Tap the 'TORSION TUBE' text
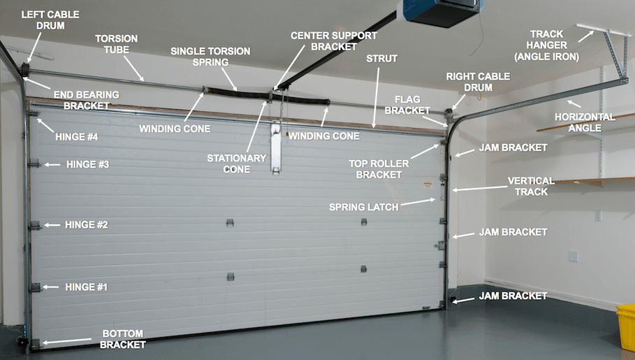point(117,44)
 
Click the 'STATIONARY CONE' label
point(236,164)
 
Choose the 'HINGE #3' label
point(87,165)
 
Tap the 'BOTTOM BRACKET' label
point(123,339)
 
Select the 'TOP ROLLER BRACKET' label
point(378,168)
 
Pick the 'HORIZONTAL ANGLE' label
point(585,122)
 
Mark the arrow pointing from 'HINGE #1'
point(50,287)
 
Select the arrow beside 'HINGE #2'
point(50,225)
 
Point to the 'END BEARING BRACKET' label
point(87,100)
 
